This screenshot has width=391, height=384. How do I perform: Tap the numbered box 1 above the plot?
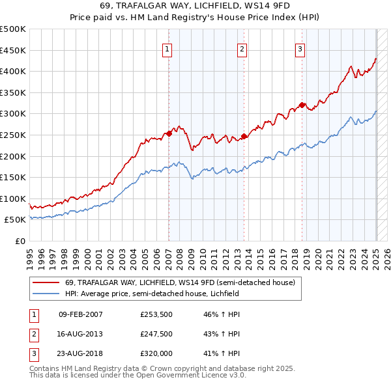click(x=167, y=49)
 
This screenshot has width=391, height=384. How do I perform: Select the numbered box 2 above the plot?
click(x=242, y=49)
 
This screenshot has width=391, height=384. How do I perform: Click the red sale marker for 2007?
click(x=169, y=133)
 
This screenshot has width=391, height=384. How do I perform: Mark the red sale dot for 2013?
click(x=244, y=136)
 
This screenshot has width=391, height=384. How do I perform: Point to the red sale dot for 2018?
click(x=302, y=105)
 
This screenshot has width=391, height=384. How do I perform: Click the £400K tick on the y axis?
click(x=13, y=71)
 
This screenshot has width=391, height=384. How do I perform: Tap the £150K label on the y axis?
click(x=13, y=177)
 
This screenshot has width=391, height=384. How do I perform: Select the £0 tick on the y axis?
click(x=20, y=241)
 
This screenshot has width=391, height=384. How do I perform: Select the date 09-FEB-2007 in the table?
click(x=80, y=314)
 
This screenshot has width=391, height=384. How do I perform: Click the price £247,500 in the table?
click(x=156, y=334)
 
